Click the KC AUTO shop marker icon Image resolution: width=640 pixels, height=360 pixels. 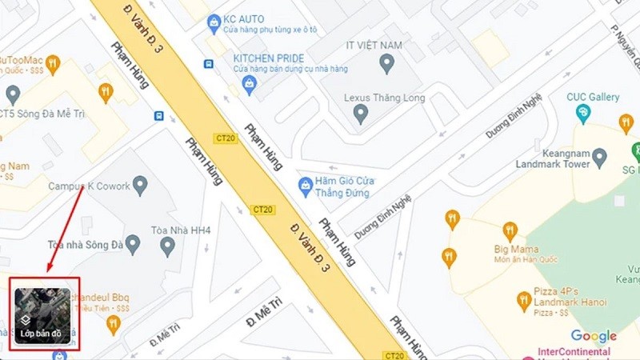click(214, 21)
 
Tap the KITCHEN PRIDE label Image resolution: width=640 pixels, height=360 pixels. click(270, 58)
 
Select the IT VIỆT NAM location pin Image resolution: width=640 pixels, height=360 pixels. click(388, 63)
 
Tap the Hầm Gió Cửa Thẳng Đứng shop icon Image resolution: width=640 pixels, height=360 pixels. click(305, 187)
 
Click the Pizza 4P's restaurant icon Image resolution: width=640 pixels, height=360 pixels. click(524, 301)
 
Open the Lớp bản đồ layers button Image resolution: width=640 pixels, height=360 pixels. click(45, 314)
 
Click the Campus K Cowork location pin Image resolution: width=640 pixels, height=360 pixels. click(141, 186)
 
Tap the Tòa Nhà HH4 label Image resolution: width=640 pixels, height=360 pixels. click(182, 231)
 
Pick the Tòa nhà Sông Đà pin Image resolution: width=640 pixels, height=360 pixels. click(167, 247)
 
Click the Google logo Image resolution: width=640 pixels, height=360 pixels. click(594, 337)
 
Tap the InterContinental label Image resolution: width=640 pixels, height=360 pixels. click(577, 351)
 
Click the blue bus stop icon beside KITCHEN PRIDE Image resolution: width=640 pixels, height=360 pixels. click(209, 63)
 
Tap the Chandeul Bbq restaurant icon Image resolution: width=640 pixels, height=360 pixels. click(112, 323)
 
